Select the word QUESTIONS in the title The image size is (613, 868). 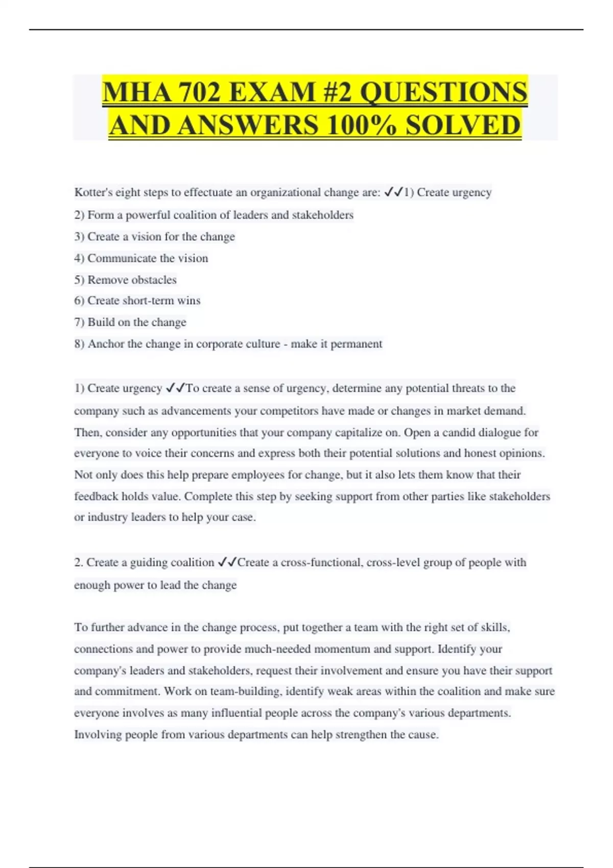click(x=443, y=92)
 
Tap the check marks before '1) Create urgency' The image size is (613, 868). click(x=393, y=192)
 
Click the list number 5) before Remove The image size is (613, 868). click(x=79, y=280)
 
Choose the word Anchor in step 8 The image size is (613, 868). click(x=106, y=344)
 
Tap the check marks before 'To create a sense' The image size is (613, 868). click(x=176, y=388)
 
